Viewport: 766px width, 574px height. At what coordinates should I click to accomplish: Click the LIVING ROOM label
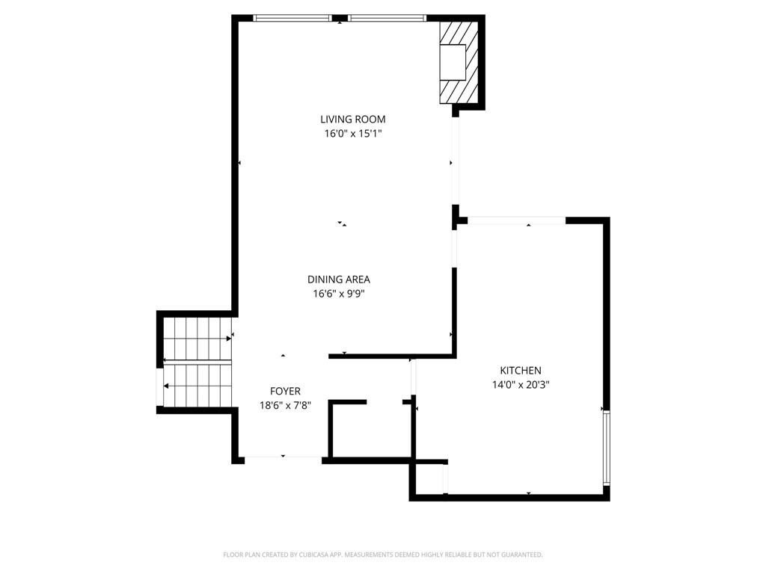tap(353, 119)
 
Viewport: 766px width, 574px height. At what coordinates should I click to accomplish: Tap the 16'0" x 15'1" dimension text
tap(353, 133)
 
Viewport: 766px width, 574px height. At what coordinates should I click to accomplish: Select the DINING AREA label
tap(339, 280)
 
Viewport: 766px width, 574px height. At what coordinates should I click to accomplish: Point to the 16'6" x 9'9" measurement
tap(339, 293)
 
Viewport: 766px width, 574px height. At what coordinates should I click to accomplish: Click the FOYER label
tap(285, 391)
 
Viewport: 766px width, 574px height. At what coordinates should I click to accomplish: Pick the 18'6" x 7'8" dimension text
tap(285, 405)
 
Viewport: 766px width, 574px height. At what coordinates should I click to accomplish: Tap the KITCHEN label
tap(521, 371)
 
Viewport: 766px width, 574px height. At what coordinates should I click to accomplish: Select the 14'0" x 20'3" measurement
tap(521, 385)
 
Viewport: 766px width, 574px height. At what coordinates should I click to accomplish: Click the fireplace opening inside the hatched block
tap(453, 63)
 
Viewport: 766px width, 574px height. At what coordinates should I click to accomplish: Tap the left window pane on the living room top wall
tap(292, 19)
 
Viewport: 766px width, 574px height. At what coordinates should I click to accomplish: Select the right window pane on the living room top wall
tap(387, 19)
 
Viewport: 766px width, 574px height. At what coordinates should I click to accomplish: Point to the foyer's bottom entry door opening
tap(283, 457)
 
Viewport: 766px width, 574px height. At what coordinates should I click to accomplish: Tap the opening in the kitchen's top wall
tap(517, 220)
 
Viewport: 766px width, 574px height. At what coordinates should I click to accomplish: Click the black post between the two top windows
tap(340, 19)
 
